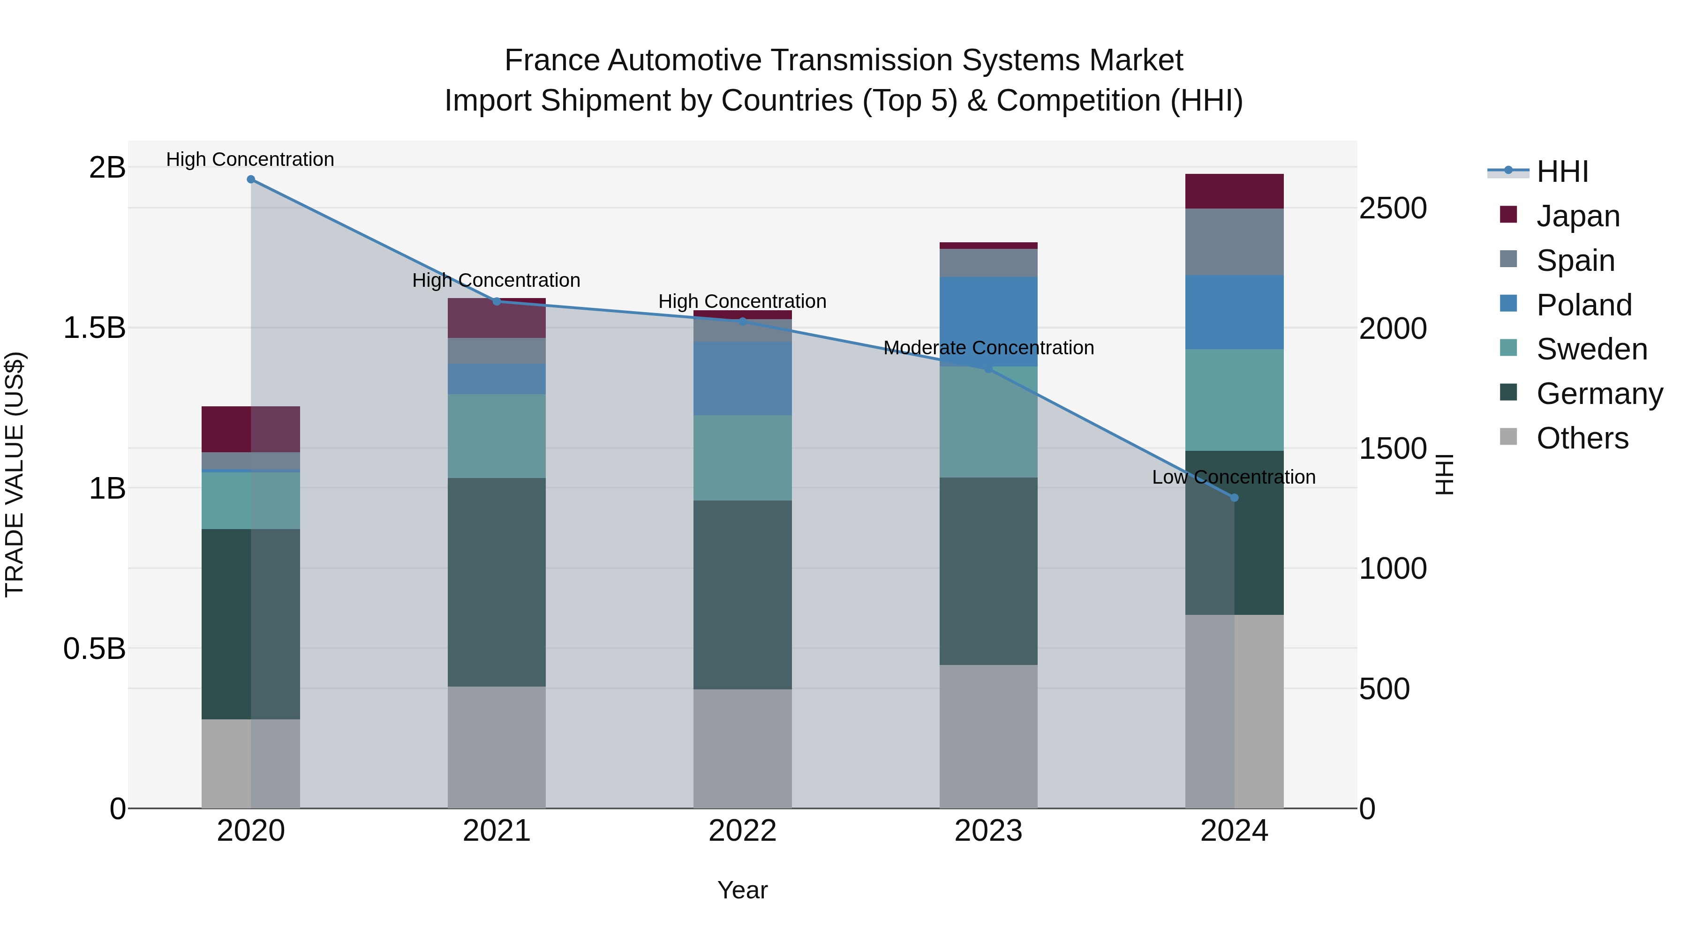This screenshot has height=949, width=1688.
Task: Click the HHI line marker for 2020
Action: pos(250,179)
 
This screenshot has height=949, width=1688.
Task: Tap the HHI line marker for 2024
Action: pos(1234,498)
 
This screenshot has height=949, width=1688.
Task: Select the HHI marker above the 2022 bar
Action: pos(742,321)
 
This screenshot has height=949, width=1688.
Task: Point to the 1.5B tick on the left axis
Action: pos(94,328)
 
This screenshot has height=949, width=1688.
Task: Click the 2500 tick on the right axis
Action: pos(1393,208)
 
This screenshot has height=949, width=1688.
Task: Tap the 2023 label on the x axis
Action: pos(988,831)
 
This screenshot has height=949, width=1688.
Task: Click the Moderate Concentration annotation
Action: pos(988,348)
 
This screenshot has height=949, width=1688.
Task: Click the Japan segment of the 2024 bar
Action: pos(1234,191)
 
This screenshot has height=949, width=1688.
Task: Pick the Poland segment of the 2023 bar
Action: pos(988,321)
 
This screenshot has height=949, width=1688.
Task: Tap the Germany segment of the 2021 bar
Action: pos(496,582)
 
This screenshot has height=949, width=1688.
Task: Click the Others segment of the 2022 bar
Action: pos(742,748)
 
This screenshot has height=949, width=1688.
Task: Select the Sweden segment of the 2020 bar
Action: pos(250,501)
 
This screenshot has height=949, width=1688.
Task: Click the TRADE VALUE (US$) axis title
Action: pos(15,474)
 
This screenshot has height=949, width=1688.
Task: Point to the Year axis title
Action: pos(742,890)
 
